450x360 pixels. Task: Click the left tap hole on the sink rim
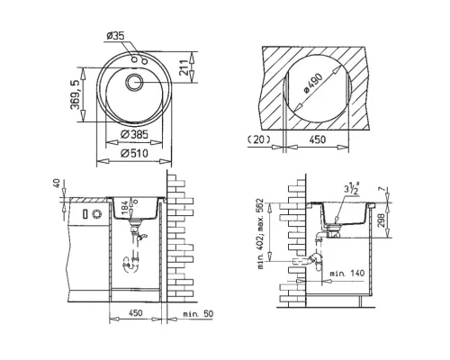pyautogui.click(x=133, y=58)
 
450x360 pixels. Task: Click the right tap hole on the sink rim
pyautogui.click(x=143, y=60)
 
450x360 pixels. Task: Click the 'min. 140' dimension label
pyautogui.click(x=346, y=271)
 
